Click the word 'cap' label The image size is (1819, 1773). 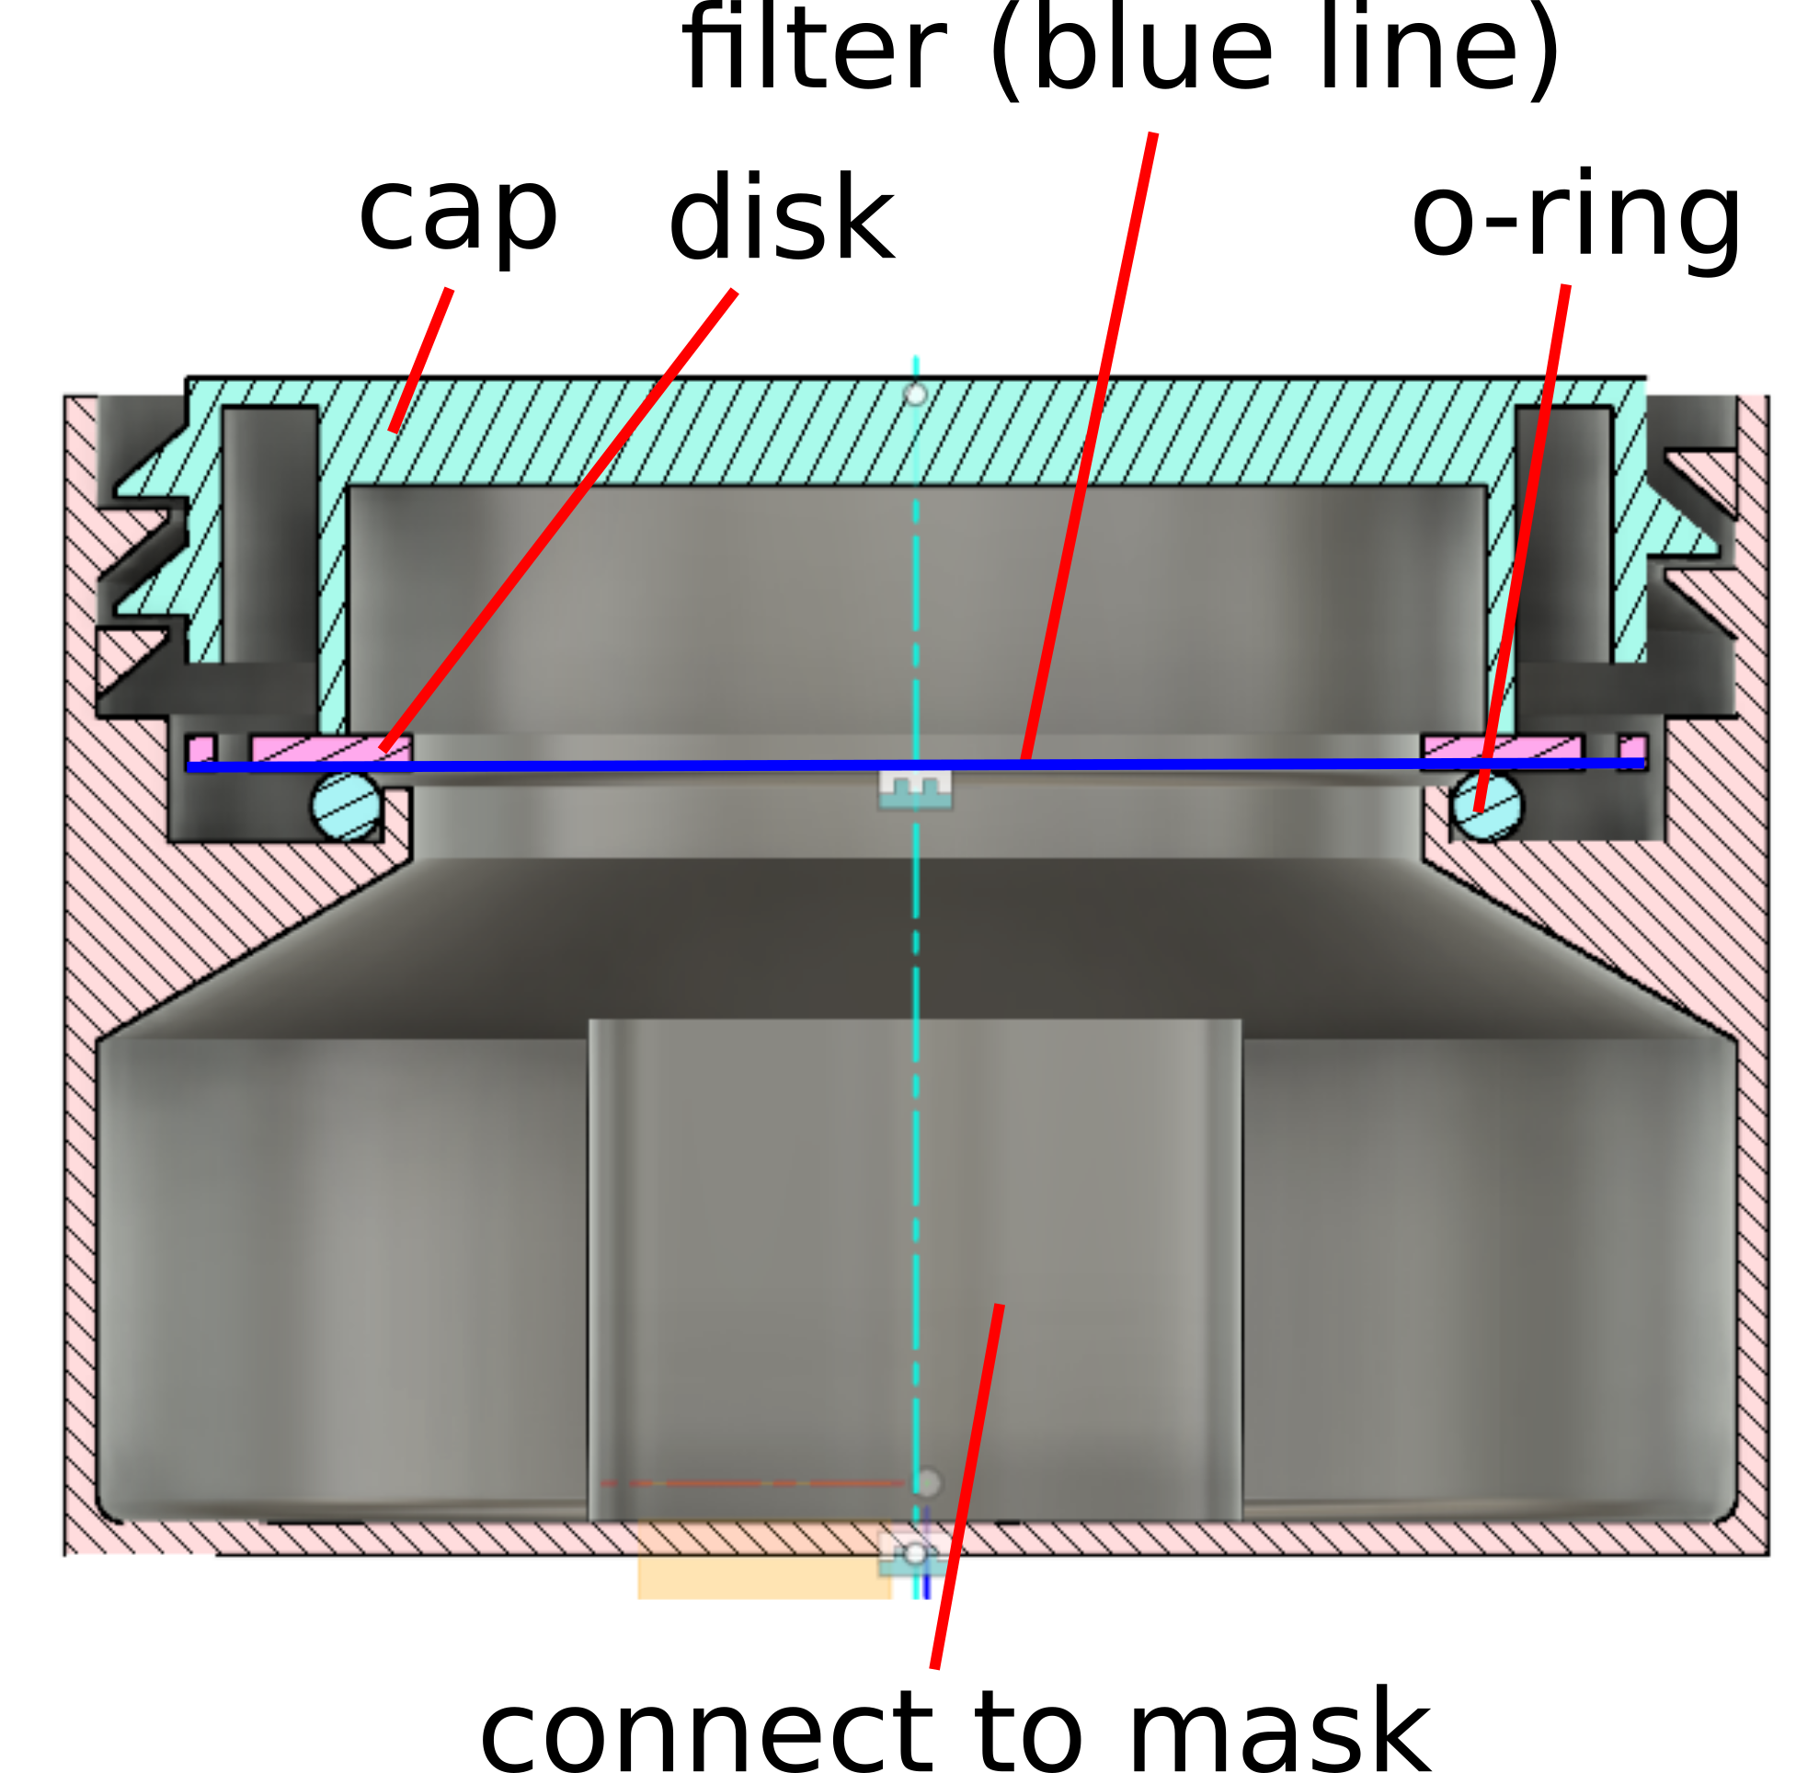[457, 217]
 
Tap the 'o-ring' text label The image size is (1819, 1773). [1576, 219]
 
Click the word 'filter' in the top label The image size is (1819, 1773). [815, 52]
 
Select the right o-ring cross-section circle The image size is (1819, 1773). [1487, 806]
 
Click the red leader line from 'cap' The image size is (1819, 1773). [422, 361]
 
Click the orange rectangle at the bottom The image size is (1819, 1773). [763, 1573]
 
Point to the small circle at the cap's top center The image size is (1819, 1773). [915, 395]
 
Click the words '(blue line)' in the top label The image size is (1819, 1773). [1273, 52]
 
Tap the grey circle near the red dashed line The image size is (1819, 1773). [927, 1482]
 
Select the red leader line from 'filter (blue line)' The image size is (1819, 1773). [1089, 447]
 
